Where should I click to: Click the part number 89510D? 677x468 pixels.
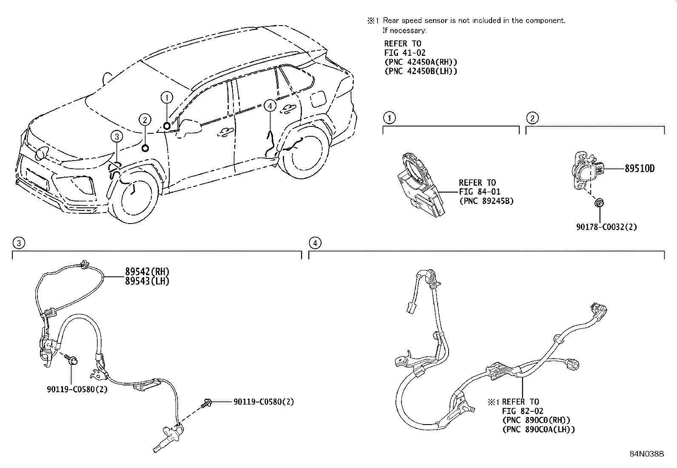(x=640, y=169)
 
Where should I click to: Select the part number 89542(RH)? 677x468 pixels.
(x=147, y=271)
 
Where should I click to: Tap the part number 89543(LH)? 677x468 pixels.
(x=147, y=281)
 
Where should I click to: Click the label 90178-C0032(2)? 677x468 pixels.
(x=606, y=227)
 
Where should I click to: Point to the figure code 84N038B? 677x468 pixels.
(x=647, y=454)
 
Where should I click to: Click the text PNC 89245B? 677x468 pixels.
(x=486, y=201)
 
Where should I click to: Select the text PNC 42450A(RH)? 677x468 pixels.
(x=421, y=62)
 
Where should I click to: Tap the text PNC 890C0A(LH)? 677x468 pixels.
(x=538, y=429)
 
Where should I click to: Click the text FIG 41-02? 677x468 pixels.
(x=405, y=53)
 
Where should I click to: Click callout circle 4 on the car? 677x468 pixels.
(x=270, y=106)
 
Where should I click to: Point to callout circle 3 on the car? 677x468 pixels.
(x=117, y=137)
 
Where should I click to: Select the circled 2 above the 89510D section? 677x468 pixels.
(x=532, y=118)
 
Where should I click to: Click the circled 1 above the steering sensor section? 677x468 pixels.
(x=389, y=118)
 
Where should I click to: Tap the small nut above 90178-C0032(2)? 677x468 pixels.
(x=599, y=203)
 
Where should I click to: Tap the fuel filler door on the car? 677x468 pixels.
(x=319, y=98)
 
